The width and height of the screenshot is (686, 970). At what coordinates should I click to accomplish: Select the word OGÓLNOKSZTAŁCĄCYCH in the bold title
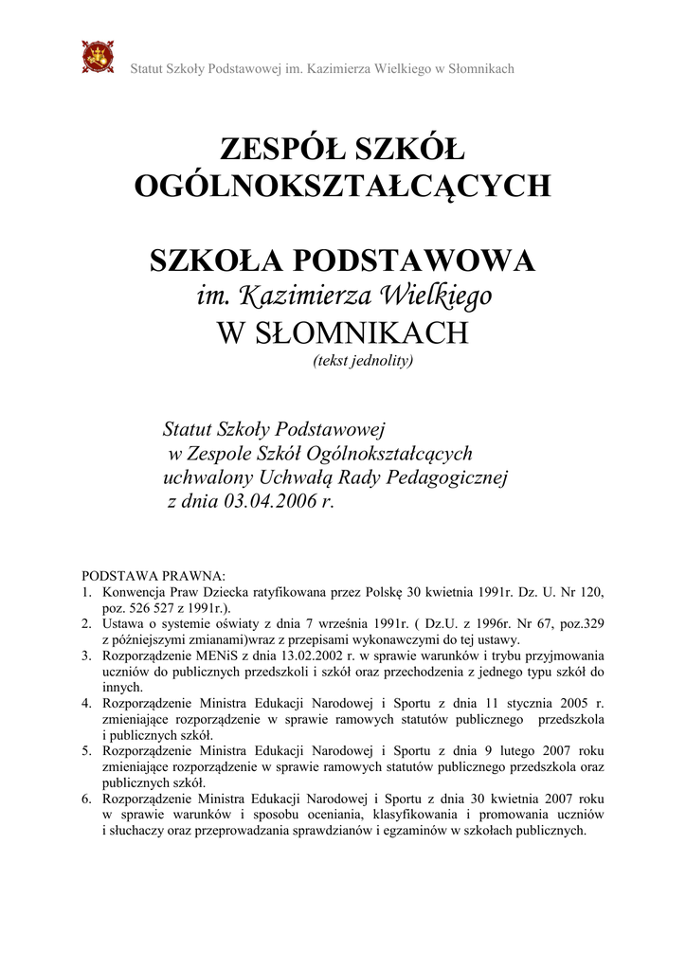click(x=342, y=186)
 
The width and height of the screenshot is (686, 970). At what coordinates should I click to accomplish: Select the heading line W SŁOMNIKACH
click(x=342, y=332)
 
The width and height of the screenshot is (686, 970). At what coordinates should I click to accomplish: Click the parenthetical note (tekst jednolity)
click(x=363, y=360)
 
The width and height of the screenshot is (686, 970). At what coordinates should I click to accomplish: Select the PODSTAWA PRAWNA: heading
click(x=153, y=575)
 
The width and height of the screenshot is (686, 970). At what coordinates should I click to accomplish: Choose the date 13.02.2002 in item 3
click(x=280, y=656)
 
